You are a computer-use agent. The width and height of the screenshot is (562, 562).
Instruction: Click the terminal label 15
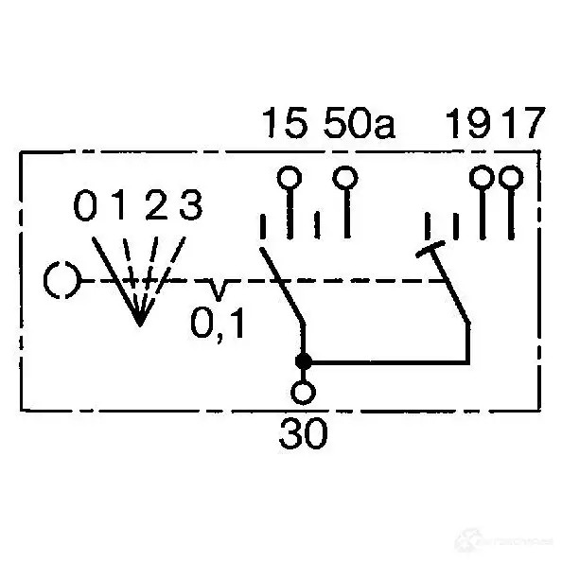286,123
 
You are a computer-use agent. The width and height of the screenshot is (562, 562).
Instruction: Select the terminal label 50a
360,123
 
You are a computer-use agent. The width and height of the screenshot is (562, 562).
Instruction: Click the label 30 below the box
303,433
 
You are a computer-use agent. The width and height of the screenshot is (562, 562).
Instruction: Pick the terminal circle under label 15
290,178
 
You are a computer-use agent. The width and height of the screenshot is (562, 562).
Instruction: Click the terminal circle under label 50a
345,178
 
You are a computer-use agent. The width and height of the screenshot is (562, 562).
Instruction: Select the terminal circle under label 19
483,178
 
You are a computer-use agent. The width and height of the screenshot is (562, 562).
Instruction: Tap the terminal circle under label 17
511,178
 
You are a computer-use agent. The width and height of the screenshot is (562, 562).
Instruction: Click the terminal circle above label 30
303,393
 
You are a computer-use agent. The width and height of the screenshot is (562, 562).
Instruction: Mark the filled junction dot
303,361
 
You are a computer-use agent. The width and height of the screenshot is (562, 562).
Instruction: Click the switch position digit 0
85,205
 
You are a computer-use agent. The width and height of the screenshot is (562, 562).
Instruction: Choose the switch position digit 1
119,205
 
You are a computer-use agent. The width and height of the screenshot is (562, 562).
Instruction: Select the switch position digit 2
156,205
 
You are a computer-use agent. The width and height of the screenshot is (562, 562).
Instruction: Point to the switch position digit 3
191,205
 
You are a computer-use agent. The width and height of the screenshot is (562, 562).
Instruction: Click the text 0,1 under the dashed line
218,324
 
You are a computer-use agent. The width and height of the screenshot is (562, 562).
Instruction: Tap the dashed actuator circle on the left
61,280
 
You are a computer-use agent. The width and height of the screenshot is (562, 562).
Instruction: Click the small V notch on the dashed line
218,290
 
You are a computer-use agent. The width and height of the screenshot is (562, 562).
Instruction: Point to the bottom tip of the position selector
140,325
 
